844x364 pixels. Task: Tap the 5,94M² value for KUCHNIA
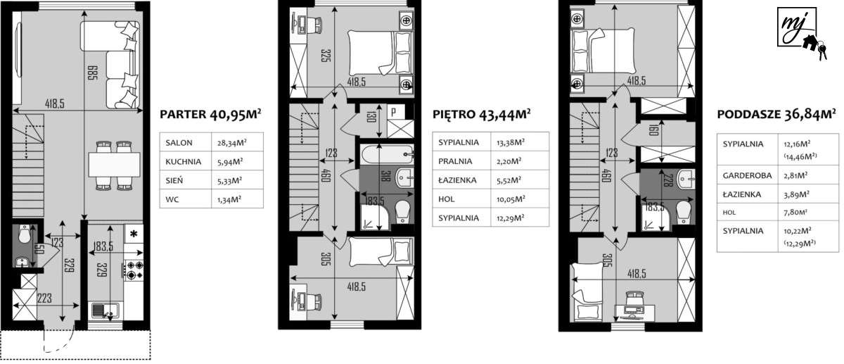(230, 161)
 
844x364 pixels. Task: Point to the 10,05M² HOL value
(512, 199)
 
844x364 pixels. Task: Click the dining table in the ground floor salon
(114, 165)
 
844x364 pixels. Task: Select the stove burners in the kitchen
(134, 269)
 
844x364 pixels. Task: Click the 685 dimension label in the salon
(91, 70)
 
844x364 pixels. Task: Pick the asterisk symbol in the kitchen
(133, 233)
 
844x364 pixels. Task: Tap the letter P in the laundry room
(393, 112)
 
